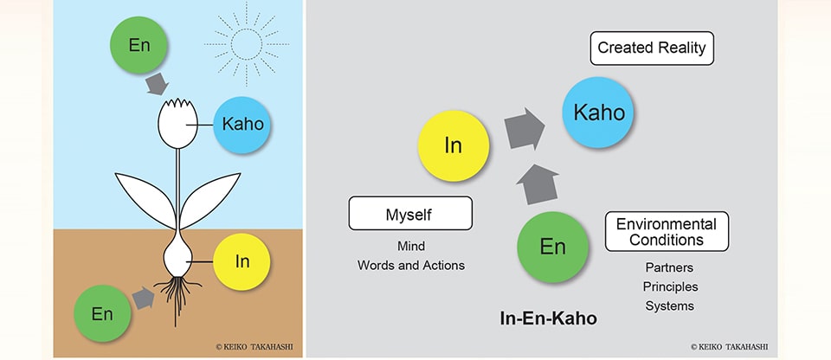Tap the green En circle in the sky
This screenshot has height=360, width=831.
click(x=138, y=45)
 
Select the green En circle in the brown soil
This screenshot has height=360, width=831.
click(x=102, y=313)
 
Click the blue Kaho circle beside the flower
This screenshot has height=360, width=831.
click(x=242, y=125)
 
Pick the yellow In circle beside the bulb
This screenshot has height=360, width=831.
click(x=242, y=261)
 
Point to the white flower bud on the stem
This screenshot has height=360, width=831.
click(x=177, y=123)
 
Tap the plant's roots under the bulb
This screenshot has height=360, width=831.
click(x=177, y=298)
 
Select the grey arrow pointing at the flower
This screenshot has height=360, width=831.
click(x=158, y=84)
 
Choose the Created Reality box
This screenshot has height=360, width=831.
click(x=652, y=48)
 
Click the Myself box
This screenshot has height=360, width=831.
click(x=410, y=213)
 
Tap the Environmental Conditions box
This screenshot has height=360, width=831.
click(x=667, y=231)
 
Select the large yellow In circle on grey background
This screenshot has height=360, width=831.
click(x=453, y=145)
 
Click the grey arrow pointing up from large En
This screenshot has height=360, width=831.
click(x=538, y=184)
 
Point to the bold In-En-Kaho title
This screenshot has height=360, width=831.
click(x=549, y=318)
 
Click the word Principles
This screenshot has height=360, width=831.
click(x=670, y=286)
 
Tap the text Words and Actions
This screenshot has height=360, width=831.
click(x=410, y=265)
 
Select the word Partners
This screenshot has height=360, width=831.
click(x=669, y=267)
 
